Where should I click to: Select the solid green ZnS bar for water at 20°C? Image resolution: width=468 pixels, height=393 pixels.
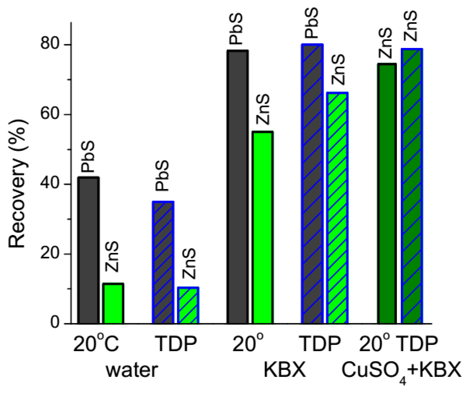coord(113,303)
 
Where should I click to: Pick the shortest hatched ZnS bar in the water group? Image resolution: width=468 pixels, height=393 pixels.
coord(188,305)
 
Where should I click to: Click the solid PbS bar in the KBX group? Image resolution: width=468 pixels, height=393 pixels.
coord(238,187)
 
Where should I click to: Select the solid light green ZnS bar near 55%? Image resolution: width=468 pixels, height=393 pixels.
coord(263,228)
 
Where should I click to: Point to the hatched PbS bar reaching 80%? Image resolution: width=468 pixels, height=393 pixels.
coord(312,184)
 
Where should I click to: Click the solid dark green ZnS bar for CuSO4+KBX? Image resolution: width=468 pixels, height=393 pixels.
coord(387,194)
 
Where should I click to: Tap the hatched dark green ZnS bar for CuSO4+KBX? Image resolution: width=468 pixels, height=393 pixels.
coord(412,186)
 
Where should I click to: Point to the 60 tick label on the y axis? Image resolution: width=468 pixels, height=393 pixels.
coord(50,115)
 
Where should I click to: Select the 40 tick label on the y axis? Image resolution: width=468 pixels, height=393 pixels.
coord(50,184)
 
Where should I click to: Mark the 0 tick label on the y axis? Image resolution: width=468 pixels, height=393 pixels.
coord(55,323)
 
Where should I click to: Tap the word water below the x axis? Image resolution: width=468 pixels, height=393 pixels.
coord(132,370)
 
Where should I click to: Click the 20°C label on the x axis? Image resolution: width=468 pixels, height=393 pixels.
coord(96,344)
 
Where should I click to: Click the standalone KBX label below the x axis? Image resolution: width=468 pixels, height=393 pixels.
coord(285,370)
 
